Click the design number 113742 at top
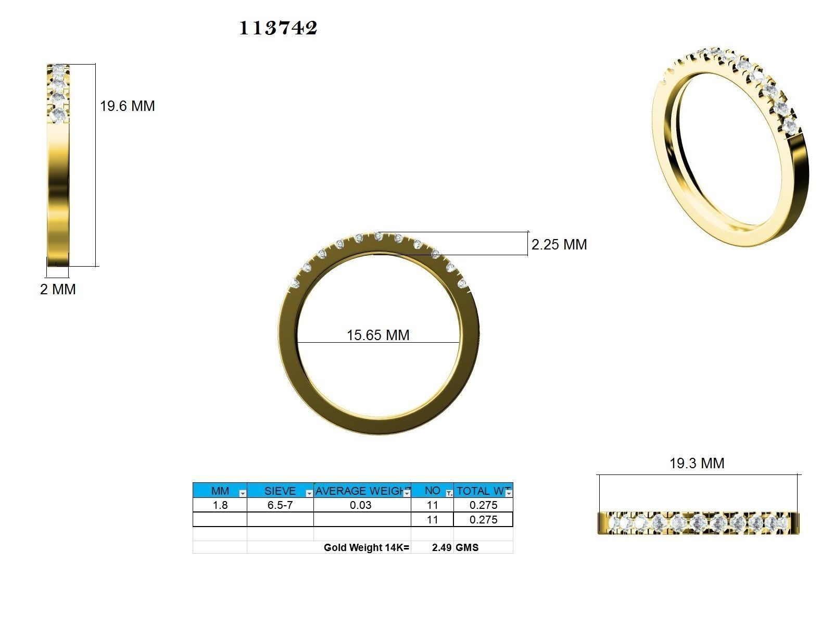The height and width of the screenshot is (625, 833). click(278, 28)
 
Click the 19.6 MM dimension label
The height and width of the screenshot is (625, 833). click(127, 106)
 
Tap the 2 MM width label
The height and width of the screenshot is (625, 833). click(58, 290)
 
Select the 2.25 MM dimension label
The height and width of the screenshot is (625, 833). click(559, 245)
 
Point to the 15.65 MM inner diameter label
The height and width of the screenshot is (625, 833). click(378, 335)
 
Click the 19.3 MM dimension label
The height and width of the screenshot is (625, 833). click(697, 463)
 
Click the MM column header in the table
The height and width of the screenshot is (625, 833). click(220, 491)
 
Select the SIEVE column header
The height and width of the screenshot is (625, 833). click(280, 491)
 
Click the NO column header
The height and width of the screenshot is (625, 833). click(432, 490)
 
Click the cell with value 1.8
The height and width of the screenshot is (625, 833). click(220, 505)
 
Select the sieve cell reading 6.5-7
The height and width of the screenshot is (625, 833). click(280, 505)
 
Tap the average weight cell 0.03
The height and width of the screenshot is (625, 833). click(360, 505)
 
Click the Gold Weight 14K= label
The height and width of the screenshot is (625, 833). click(367, 547)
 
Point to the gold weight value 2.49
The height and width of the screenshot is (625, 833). click(441, 547)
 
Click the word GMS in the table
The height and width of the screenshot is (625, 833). click(467, 547)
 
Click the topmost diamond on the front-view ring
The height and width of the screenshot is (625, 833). click(378, 236)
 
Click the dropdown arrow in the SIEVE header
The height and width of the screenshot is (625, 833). click(309, 493)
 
